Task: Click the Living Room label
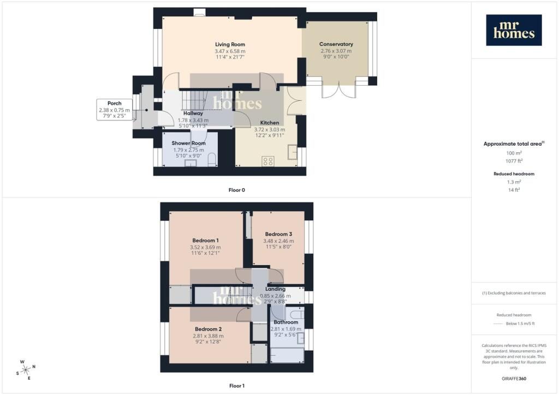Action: click(230, 45)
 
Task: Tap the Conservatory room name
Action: click(336, 44)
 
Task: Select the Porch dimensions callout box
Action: click(114, 109)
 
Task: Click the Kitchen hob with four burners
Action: click(267, 161)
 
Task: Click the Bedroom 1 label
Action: click(205, 241)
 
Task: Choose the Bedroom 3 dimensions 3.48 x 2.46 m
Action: click(278, 241)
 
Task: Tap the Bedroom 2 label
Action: click(208, 329)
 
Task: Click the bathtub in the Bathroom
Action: click(287, 356)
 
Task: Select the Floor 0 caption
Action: click(237, 190)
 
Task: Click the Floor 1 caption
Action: click(237, 386)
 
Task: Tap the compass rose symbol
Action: click(26, 370)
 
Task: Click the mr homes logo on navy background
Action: click(514, 30)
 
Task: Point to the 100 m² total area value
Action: click(514, 153)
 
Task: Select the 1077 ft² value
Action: click(514, 161)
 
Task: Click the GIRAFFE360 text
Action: click(514, 379)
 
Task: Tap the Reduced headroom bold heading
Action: click(514, 174)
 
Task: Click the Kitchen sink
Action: click(293, 152)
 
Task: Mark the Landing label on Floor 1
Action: click(275, 289)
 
